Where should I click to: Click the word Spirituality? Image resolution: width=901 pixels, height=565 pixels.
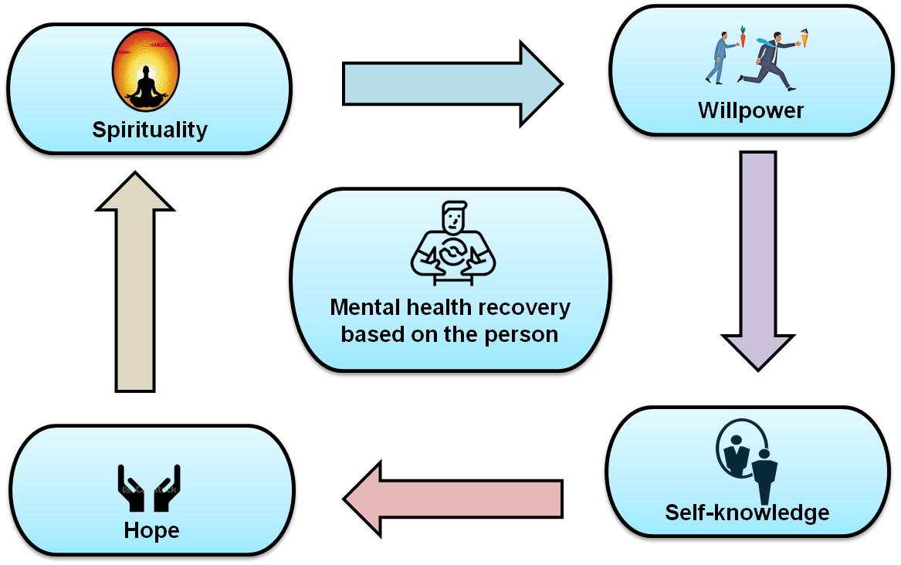pos(150,130)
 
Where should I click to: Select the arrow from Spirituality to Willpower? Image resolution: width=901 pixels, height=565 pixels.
pos(452,84)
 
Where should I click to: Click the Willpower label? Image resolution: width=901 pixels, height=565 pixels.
pos(750,110)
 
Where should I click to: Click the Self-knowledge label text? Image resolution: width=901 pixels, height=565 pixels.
pos(747,513)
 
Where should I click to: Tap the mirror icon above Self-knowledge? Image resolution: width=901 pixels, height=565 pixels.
pos(747,458)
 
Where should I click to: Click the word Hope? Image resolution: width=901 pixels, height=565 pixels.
pos(151,531)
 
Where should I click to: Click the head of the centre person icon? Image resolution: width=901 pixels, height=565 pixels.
pos(454,215)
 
